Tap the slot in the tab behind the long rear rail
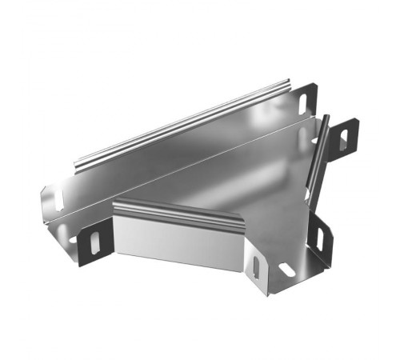click(303, 103)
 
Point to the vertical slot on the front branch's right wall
click(255, 267)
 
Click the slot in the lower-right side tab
click(318, 238)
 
